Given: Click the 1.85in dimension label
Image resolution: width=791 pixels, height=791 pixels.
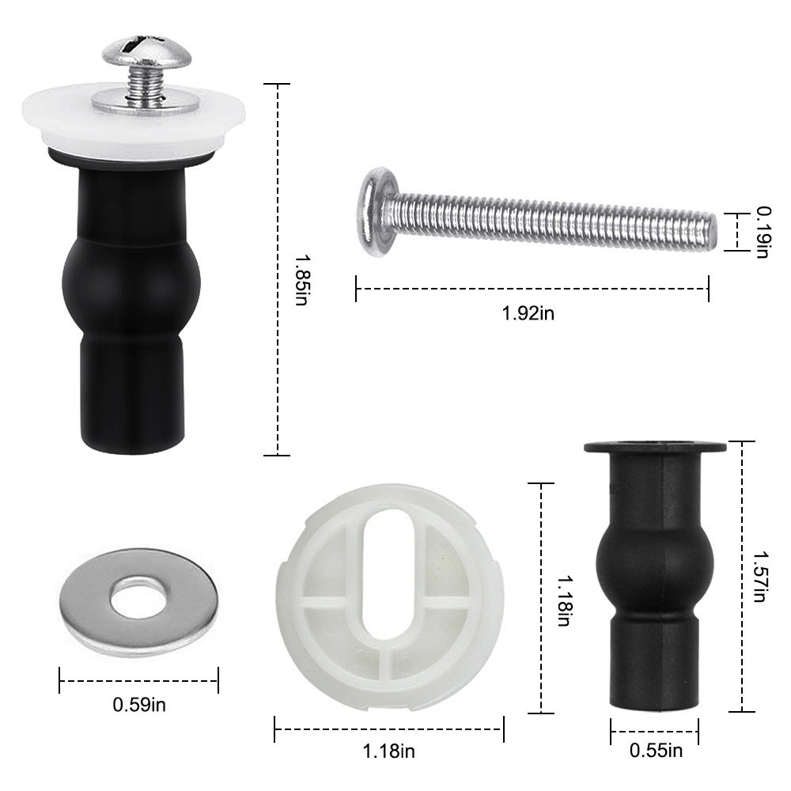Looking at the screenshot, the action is point(302,281).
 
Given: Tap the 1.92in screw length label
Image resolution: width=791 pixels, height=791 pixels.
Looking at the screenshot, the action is point(528,313).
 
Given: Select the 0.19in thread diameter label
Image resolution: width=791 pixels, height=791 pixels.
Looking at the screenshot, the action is point(763,233).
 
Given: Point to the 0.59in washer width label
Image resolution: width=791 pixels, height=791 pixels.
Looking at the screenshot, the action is point(139,704).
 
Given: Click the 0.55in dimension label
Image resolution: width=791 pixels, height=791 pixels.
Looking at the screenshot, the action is point(656,750).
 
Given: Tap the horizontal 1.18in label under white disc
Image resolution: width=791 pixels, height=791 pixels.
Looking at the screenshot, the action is point(388,751).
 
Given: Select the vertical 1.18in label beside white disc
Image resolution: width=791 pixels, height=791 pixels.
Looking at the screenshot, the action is point(564,600).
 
